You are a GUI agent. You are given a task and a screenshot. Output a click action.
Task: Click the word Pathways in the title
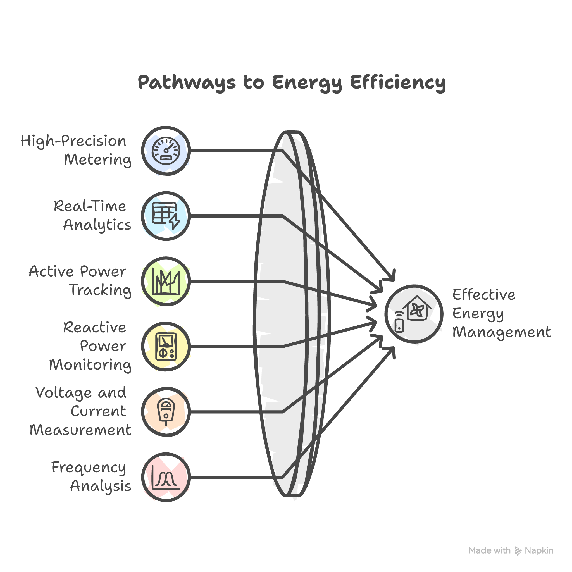pyautogui.click(x=187, y=82)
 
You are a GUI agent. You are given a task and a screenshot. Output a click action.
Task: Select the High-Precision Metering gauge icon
pyautogui.click(x=166, y=151)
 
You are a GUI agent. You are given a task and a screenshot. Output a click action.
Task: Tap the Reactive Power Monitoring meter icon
pyautogui.click(x=166, y=346)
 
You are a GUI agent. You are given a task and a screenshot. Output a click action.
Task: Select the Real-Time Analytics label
pyautogui.click(x=92, y=216)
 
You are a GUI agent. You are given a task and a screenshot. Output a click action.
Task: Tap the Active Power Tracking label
pyautogui.click(x=80, y=281)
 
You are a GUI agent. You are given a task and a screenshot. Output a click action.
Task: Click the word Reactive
pyautogui.click(x=94, y=327)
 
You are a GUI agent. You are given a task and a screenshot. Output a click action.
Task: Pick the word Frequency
pyautogui.click(x=89, y=468)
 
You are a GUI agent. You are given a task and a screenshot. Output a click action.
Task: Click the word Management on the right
pyautogui.click(x=502, y=332)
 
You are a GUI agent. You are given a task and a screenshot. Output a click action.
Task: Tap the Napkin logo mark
pyautogui.click(x=518, y=551)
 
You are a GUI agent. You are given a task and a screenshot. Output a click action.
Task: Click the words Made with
pyautogui.click(x=489, y=551)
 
